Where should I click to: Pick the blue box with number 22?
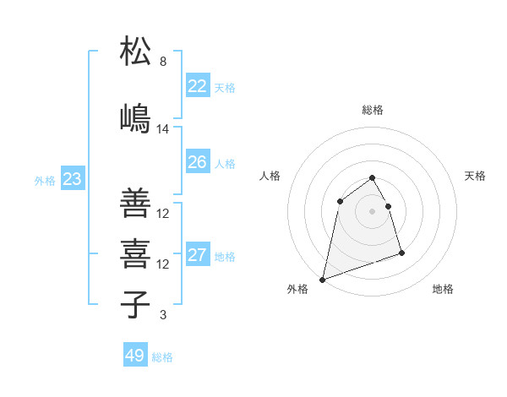click(197, 86)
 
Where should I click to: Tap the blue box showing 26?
click(197, 162)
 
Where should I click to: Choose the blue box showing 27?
click(197, 255)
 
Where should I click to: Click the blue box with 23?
click(72, 179)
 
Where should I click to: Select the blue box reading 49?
click(134, 356)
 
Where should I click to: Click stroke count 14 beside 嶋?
click(163, 129)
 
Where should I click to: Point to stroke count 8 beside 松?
click(163, 62)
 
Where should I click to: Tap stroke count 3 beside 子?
click(163, 315)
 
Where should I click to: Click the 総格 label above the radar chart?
click(373, 110)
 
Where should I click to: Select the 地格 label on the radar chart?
click(443, 289)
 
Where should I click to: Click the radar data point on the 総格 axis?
click(373, 177)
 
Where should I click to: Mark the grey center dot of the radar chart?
click(373, 210)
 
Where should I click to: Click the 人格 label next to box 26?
click(225, 163)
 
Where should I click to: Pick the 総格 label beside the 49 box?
click(162, 357)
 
